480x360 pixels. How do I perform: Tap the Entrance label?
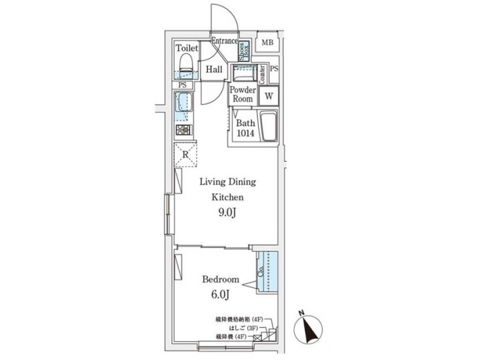(225, 41)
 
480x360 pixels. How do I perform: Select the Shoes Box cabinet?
(245, 48)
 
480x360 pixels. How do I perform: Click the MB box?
(267, 44)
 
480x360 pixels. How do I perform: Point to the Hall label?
(213, 70)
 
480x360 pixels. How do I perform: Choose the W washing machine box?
(269, 96)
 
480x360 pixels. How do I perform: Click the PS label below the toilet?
(182, 85)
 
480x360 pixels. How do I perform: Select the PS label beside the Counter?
(275, 69)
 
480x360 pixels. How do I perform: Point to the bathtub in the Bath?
(267, 127)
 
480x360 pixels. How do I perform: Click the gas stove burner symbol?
(184, 130)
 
